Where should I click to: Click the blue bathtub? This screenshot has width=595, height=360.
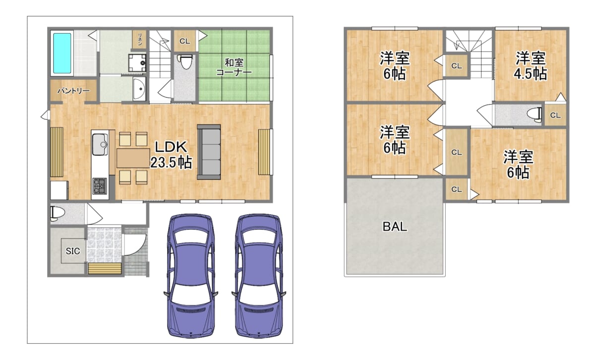pos(62,53)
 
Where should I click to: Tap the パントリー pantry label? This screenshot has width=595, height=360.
pos(73,91)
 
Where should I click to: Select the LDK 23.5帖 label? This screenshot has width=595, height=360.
pos(171,155)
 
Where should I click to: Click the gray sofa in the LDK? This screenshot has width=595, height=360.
pos(209,152)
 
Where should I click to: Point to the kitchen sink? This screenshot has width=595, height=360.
pos(100,144)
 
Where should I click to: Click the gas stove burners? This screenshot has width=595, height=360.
pos(100,186)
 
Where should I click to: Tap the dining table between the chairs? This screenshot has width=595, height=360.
pos(133,158)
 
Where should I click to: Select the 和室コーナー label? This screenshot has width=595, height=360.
pos(234,67)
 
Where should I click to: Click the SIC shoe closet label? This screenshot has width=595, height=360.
pos(73,251)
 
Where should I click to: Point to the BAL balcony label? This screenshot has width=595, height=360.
pos(395,227)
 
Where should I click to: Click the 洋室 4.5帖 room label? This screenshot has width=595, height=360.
pos(531,66)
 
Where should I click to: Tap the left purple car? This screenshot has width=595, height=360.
pos(191,276)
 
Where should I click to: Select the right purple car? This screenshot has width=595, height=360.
pos(259,276)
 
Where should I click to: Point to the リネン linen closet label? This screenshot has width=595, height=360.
pos(140,39)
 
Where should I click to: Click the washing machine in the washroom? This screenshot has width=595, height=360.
pos(137,63)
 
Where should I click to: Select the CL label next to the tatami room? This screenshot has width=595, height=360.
pos(184,41)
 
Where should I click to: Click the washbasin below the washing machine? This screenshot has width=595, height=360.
pos(139,89)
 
